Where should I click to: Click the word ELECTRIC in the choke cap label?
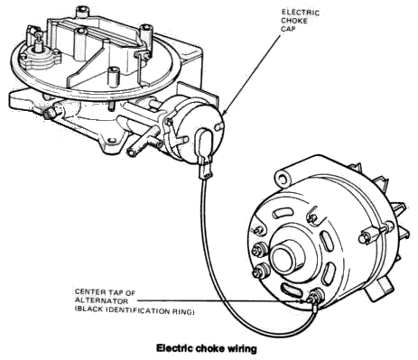coord(300,13)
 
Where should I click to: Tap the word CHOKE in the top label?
coord(294,21)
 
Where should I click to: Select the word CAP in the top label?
coord(288,29)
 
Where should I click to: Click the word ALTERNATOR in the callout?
coord(101,300)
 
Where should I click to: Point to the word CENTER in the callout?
coord(90,292)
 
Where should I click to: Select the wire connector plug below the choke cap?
coord(206,171)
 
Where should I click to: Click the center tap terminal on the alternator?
coord(314,297)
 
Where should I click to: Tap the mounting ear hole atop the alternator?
coord(283,180)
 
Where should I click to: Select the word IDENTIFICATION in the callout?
coord(138,311)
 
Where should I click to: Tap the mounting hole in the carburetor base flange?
coord(112,140)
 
